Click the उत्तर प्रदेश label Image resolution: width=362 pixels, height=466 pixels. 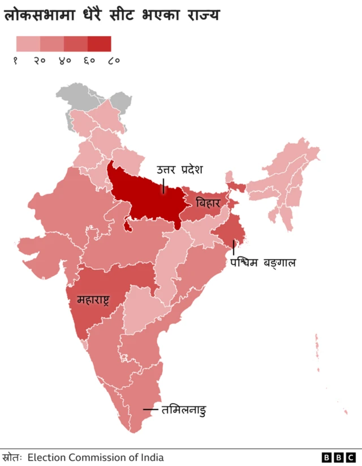(180, 170)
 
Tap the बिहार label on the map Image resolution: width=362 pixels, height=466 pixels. (208, 202)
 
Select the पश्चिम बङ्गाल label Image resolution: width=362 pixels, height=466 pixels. (263, 263)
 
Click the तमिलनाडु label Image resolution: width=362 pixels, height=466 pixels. (183, 409)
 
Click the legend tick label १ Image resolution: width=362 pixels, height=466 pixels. (16, 61)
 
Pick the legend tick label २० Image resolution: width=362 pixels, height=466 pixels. (40, 61)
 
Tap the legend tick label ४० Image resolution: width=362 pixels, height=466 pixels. (64, 61)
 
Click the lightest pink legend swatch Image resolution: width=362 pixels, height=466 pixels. (28, 44)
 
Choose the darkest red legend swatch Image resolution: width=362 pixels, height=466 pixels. (100, 44)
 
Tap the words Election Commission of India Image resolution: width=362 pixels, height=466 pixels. (96, 457)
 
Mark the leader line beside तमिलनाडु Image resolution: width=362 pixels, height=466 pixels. (150, 409)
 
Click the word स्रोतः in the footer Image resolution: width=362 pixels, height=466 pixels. (12, 457)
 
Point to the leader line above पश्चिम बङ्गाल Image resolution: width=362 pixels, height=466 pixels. (234, 247)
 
